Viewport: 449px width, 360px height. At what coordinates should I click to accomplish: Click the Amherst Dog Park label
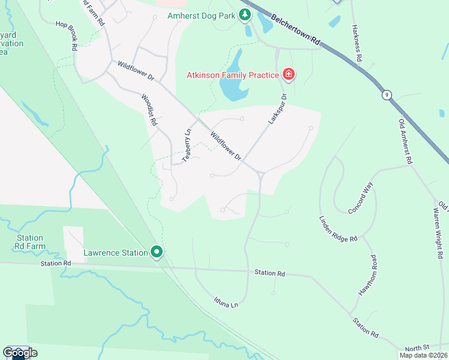pyautogui.click(x=200, y=15)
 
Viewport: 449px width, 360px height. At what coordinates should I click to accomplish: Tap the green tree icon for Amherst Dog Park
pyautogui.click(x=245, y=14)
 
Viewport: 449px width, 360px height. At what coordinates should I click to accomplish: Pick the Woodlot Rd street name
pyautogui.click(x=149, y=109)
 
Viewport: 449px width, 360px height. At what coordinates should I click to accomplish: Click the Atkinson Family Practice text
pyautogui.click(x=232, y=75)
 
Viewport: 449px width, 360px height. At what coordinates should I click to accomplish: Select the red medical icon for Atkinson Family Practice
pyautogui.click(x=289, y=74)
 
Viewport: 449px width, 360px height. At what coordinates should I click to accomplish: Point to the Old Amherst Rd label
pyautogui.click(x=406, y=141)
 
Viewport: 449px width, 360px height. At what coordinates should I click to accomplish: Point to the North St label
pyautogui.click(x=417, y=348)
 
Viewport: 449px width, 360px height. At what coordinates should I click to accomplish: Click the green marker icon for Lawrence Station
pyautogui.click(x=157, y=253)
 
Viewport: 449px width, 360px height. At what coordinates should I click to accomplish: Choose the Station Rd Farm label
pyautogui.click(x=31, y=242)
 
